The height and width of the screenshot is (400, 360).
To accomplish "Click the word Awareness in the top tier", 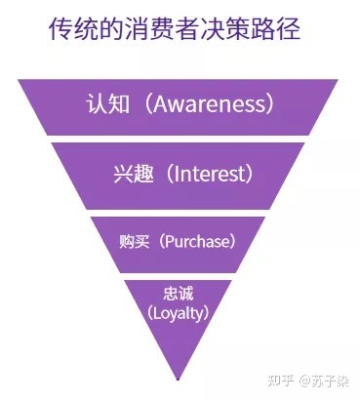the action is coord(212,103).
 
